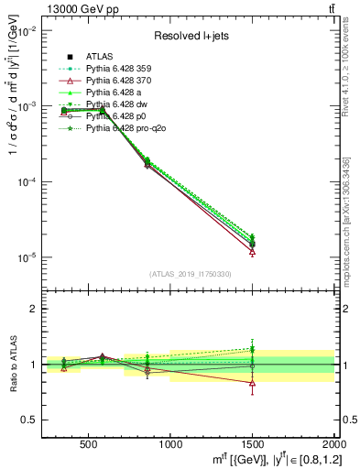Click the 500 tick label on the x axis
pyautogui.click(x=89, y=444)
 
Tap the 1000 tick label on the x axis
pyautogui.click(x=170, y=444)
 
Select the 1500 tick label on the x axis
pyautogui.click(x=252, y=444)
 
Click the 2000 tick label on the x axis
pyautogui.click(x=333, y=444)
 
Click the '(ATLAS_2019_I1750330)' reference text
pyautogui.click(x=190, y=273)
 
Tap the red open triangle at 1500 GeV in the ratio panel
pyautogui.click(x=252, y=383)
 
